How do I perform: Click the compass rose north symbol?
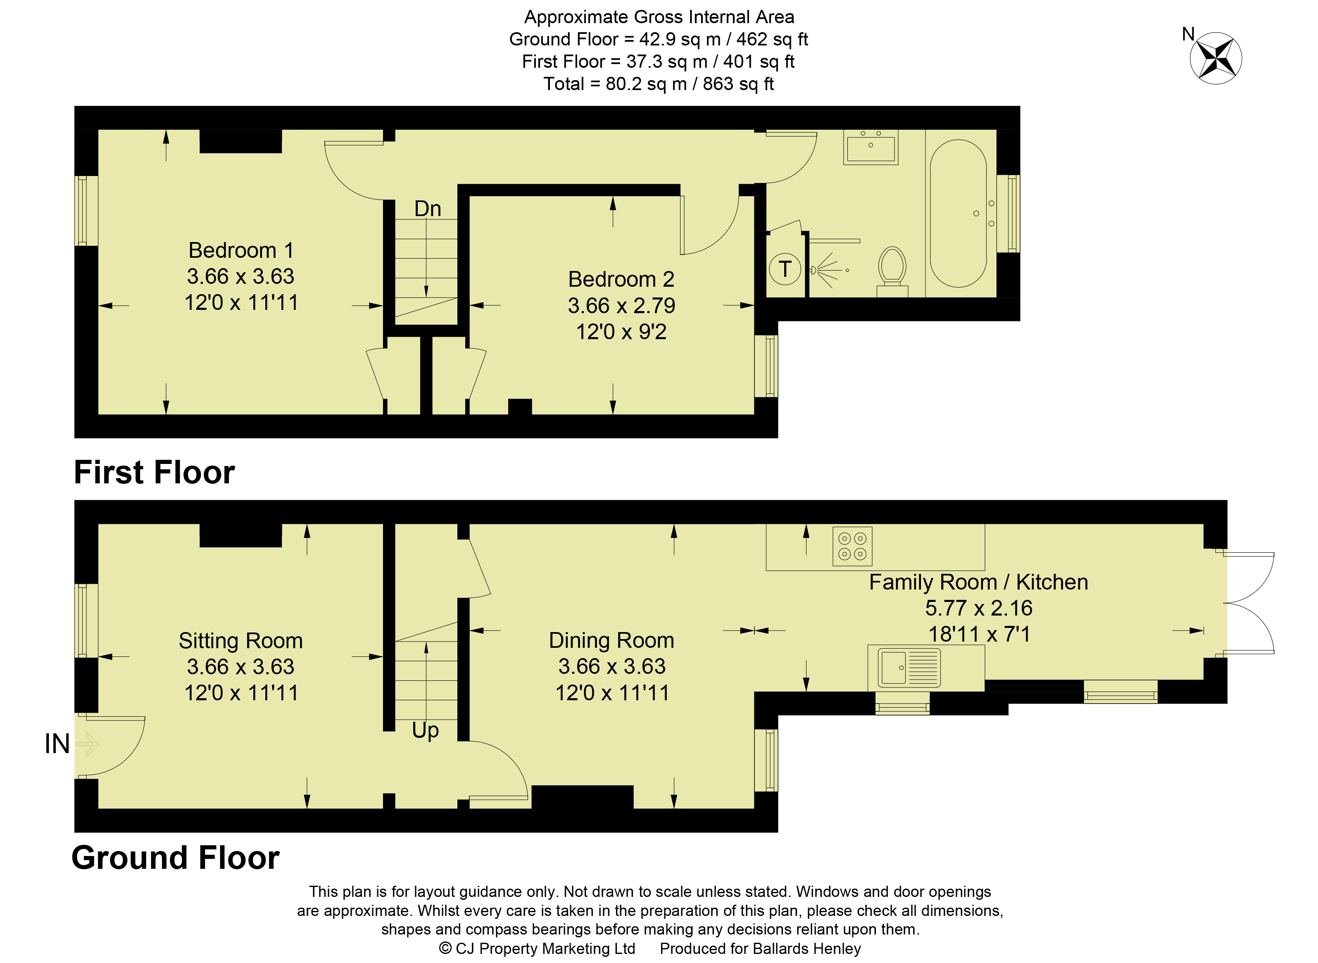pos(1216,58)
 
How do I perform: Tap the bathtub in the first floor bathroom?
pos(958,213)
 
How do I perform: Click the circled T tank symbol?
pos(785,269)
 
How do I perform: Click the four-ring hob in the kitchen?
pos(852,546)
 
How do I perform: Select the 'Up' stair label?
pos(426,730)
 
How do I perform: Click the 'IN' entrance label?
pos(57,744)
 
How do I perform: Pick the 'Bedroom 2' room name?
pos(621,279)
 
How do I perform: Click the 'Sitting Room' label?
pos(241,641)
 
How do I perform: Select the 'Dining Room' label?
pos(611,640)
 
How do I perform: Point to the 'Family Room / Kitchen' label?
pos(979,582)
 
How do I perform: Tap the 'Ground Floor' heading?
pos(176,858)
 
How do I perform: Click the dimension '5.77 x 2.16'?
pos(979,608)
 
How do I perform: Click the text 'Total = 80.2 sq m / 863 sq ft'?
pos(659,84)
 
